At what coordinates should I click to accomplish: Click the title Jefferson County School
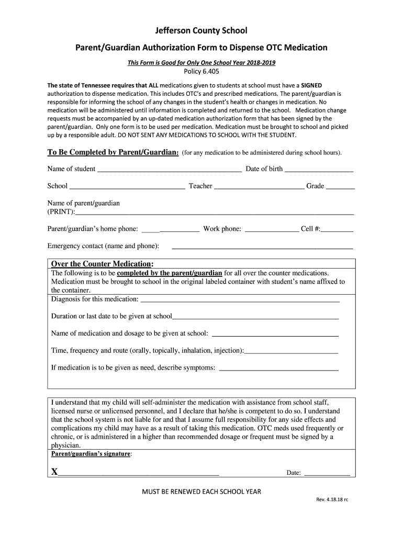coord(201,31)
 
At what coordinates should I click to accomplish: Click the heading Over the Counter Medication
coord(102,263)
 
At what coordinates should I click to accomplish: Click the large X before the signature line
coord(54,472)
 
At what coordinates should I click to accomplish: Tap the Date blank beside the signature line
coord(327,474)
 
